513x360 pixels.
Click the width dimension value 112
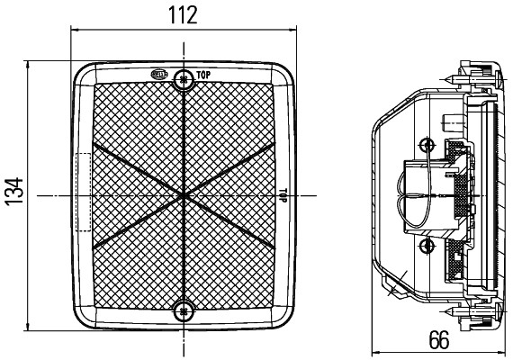(x=183, y=15)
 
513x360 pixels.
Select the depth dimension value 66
(x=438, y=340)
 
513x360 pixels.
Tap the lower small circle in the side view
(x=427, y=246)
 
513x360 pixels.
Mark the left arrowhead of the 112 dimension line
(x=74, y=32)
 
